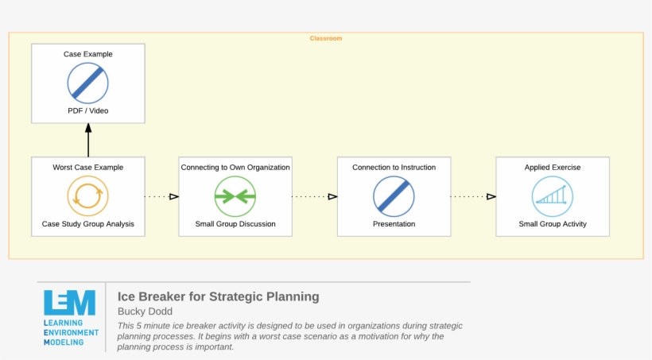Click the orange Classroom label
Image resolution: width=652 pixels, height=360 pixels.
point(325,38)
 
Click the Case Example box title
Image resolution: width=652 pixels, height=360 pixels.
point(88,54)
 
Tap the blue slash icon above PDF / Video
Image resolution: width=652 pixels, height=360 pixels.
point(88,83)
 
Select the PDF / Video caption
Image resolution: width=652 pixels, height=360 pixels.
point(88,110)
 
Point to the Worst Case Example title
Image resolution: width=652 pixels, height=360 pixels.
point(88,168)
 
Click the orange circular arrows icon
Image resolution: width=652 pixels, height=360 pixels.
point(88,195)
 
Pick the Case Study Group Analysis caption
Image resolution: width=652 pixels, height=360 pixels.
point(88,224)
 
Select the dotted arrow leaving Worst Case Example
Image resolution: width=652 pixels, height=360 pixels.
point(161,196)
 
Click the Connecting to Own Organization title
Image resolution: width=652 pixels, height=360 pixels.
point(235,168)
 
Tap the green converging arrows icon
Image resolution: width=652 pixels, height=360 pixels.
point(235,195)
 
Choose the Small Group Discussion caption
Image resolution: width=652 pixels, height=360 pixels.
point(235,224)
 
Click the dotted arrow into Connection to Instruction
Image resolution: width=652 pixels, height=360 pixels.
point(315,196)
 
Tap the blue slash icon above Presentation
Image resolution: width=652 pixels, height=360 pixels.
point(394,195)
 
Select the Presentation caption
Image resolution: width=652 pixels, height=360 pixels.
point(394,224)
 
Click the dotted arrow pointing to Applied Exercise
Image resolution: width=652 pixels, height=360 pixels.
point(473,196)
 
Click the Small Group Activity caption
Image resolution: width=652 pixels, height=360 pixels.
point(553,224)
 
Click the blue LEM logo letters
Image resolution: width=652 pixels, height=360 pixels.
point(70,303)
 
